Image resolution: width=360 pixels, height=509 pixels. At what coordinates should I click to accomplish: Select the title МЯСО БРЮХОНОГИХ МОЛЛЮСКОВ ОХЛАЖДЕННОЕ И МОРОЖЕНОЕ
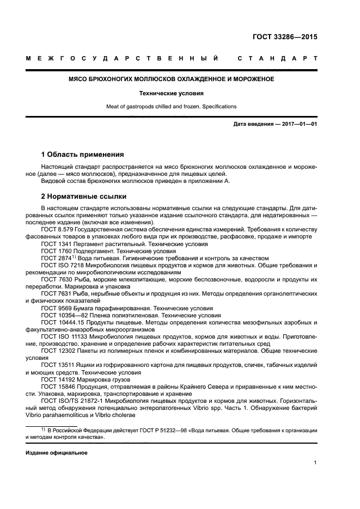(x=171, y=79)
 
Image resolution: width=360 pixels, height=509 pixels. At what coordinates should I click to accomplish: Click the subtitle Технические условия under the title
(x=171, y=93)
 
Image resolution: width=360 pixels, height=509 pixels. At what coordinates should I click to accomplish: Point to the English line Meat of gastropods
(x=171, y=107)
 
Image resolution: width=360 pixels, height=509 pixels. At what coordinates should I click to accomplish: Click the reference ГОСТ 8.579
(x=57, y=230)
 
